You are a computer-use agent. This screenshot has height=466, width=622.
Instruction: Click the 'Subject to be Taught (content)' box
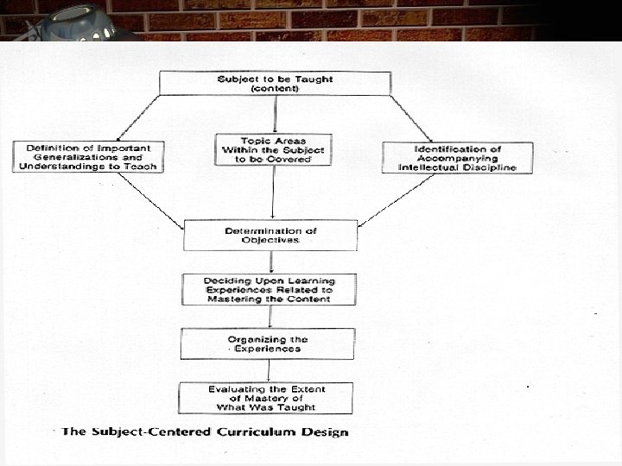pos(275,84)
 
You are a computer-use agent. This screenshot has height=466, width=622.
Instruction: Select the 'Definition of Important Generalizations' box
pos(87,156)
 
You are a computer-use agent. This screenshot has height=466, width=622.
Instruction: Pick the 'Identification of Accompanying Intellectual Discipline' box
pos(457,157)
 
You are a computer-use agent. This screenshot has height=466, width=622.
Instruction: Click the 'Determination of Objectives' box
pos(270,235)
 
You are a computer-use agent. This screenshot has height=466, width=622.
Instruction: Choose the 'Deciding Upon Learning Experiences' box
pos(268,289)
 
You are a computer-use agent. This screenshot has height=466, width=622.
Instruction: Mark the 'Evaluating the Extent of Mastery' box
pos(266,398)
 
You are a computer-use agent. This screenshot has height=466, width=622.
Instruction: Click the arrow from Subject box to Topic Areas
pos(275,114)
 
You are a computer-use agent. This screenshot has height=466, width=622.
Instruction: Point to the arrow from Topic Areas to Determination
pos(273,192)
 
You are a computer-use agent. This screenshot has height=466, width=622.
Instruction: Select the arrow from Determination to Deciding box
pos(270,261)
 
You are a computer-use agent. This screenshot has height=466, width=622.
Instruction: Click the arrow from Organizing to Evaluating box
pos(267,370)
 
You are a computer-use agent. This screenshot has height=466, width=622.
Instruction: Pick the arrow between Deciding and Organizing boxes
pos(268,317)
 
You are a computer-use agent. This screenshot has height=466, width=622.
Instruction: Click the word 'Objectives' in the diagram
pos(270,240)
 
